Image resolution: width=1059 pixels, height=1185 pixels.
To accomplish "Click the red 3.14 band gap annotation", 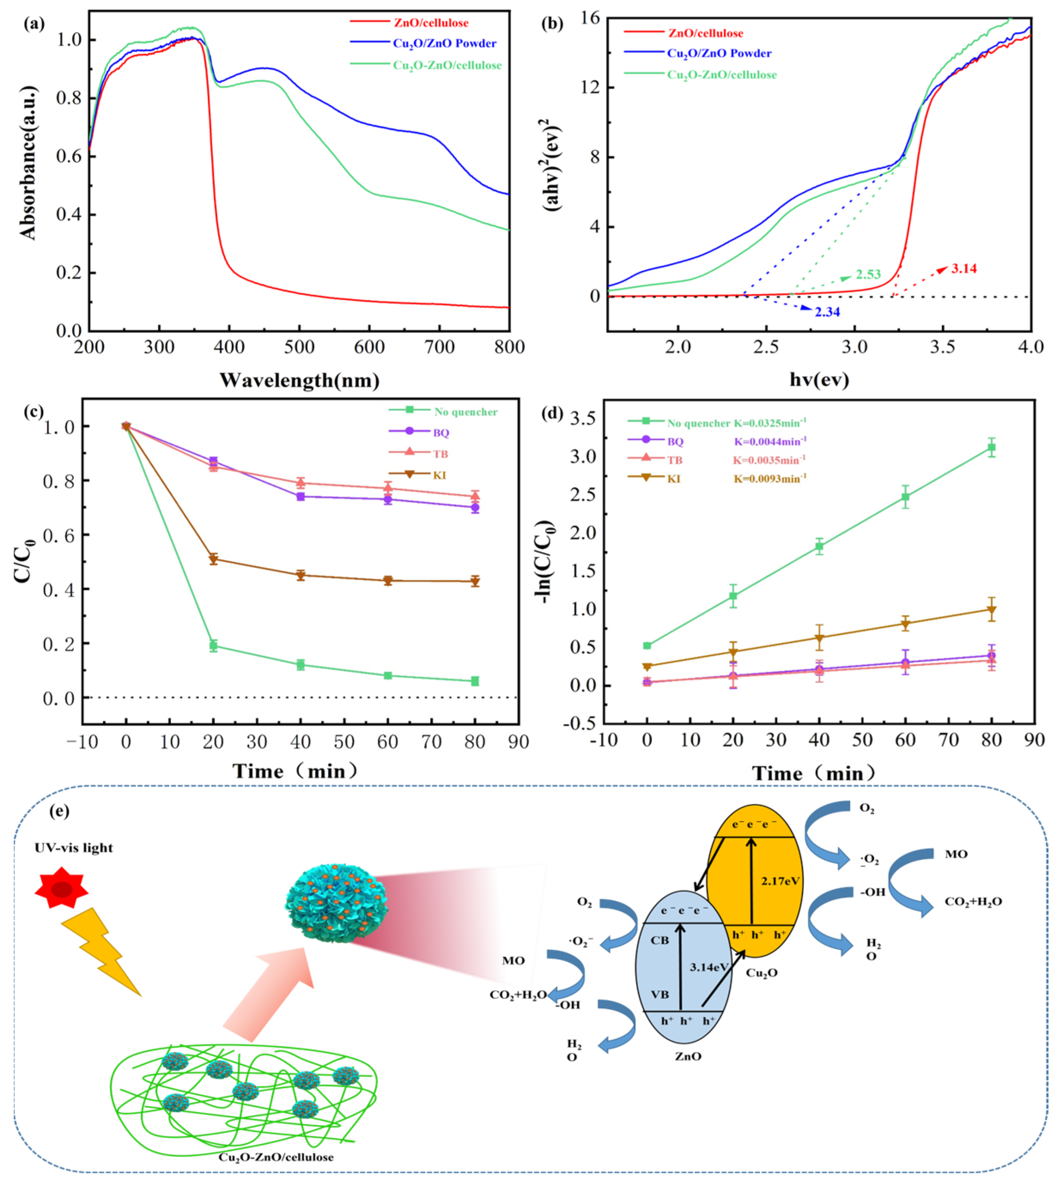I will (964, 269).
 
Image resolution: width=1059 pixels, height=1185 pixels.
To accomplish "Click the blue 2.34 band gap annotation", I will (827, 312).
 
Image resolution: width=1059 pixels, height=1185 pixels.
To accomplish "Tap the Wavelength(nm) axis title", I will (299, 380).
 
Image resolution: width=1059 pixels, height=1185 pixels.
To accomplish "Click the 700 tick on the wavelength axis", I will (439, 347).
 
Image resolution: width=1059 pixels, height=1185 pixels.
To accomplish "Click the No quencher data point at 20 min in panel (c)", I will (213, 646).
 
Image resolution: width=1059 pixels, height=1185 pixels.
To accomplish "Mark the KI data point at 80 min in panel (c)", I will (475, 581).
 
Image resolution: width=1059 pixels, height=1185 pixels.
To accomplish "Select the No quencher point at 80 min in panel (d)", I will (992, 447).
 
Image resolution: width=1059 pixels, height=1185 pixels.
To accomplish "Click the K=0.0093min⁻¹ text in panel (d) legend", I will (769, 479).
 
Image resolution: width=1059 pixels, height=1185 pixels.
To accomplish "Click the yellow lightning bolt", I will (102, 951).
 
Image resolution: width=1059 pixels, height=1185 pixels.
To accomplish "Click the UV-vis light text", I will (74, 848).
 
